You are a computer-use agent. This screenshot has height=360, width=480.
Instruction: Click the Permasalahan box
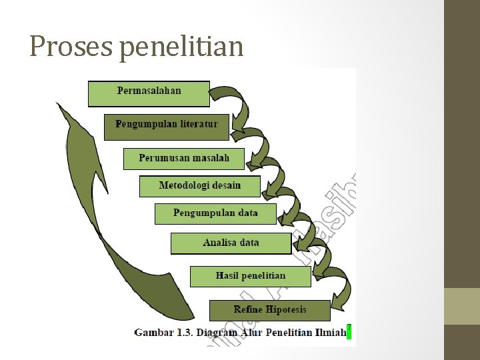pyautogui.click(x=149, y=93)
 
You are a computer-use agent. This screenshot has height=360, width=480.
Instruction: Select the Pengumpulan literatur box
pyautogui.click(x=166, y=126)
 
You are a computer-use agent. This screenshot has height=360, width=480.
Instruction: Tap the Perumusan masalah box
pyautogui.click(x=183, y=159)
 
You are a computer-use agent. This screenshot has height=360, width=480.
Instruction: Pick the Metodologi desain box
pyautogui.click(x=199, y=186)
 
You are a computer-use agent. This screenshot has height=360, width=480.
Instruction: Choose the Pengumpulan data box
pyautogui.click(x=215, y=213)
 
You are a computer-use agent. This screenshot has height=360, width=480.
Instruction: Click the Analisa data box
pyautogui.click(x=231, y=243)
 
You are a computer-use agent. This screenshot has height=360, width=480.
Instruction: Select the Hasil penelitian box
pyautogui.click(x=250, y=276)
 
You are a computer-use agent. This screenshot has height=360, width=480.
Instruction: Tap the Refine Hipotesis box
pyautogui.click(x=269, y=310)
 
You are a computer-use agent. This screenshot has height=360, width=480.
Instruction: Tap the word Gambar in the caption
pyautogui.click(x=153, y=331)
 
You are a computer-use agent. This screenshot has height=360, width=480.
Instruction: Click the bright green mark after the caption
pyautogui.click(x=349, y=331)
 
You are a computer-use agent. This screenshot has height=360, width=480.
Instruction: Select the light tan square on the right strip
pyautogui.click(x=462, y=306)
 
